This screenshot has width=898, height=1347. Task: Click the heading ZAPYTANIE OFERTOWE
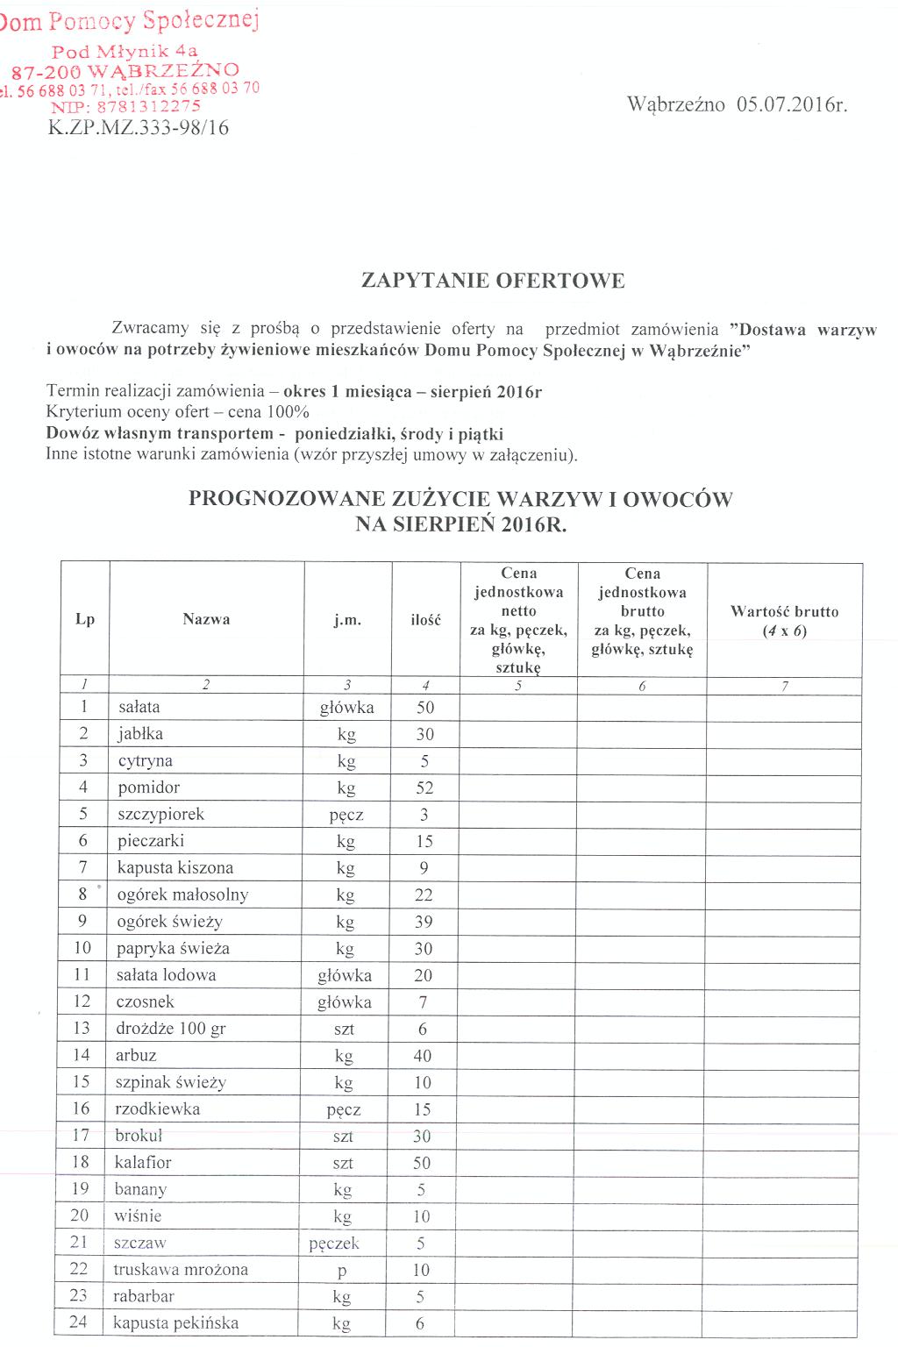tap(493, 281)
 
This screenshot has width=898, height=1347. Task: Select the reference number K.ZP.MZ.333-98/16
tap(138, 128)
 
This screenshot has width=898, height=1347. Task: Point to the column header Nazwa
tap(206, 619)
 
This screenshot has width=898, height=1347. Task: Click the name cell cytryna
tap(145, 761)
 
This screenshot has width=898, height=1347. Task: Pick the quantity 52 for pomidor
tap(424, 788)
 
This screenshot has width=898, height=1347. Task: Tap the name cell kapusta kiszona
tap(175, 868)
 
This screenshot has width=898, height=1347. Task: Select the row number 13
tap(82, 1029)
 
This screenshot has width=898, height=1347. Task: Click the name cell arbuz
tap(136, 1056)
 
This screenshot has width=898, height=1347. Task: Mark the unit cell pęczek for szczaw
tap(334, 1244)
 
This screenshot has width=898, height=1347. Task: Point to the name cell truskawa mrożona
tap(181, 1270)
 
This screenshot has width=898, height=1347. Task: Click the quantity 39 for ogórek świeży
tap(424, 922)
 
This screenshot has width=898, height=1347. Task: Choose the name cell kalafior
tap(143, 1163)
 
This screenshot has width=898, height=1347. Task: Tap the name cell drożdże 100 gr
tap(171, 1029)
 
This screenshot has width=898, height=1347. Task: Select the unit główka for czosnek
tap(345, 1002)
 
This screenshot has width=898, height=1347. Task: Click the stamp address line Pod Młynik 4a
tap(125, 51)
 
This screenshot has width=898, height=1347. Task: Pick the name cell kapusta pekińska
tap(175, 1323)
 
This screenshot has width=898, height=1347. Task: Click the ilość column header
tap(425, 620)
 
